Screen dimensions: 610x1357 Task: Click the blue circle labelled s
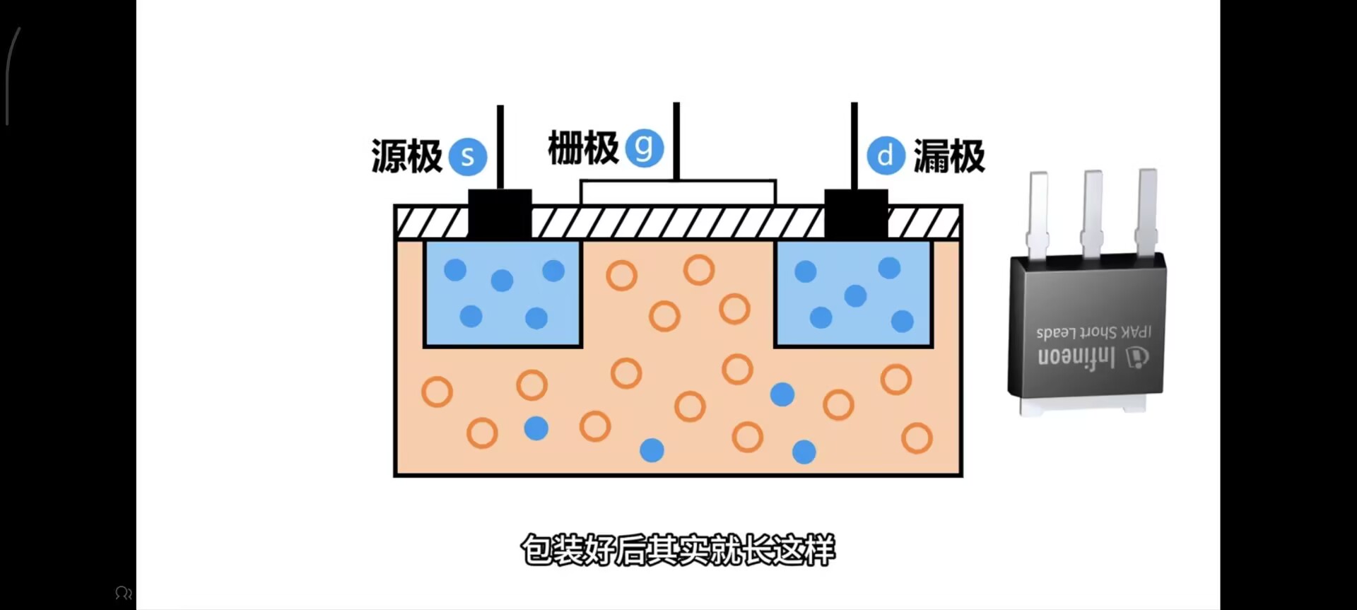(x=467, y=156)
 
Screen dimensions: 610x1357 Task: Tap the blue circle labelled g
(x=644, y=147)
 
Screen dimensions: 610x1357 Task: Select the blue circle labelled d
(x=886, y=156)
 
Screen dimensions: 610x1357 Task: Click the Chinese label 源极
(x=406, y=156)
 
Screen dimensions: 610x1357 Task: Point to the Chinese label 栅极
(x=583, y=148)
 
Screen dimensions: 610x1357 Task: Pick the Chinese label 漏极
(x=949, y=156)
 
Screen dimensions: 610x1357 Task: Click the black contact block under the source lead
(x=500, y=213)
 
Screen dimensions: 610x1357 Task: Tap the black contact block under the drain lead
(x=856, y=213)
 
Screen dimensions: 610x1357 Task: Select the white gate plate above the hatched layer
(x=678, y=192)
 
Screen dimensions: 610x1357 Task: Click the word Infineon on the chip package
(x=1076, y=356)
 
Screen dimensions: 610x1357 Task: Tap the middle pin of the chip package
(x=1092, y=212)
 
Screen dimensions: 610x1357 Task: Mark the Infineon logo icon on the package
(x=1136, y=358)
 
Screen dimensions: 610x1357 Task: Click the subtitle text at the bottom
(x=678, y=550)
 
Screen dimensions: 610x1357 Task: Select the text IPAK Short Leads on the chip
(x=1093, y=332)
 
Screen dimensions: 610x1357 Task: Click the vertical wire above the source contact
(x=500, y=146)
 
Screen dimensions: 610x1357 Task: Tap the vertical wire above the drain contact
(x=854, y=145)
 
